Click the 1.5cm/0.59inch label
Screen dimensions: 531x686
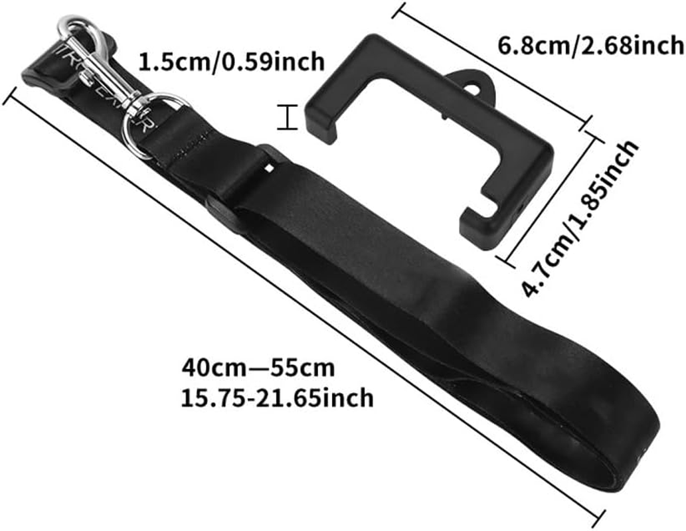coord(231,62)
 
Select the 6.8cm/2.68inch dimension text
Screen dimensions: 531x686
coord(590,45)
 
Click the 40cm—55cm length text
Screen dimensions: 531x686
coord(258,367)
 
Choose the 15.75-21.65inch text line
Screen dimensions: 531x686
coord(277,398)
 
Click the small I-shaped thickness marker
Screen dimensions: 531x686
coord(286,119)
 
